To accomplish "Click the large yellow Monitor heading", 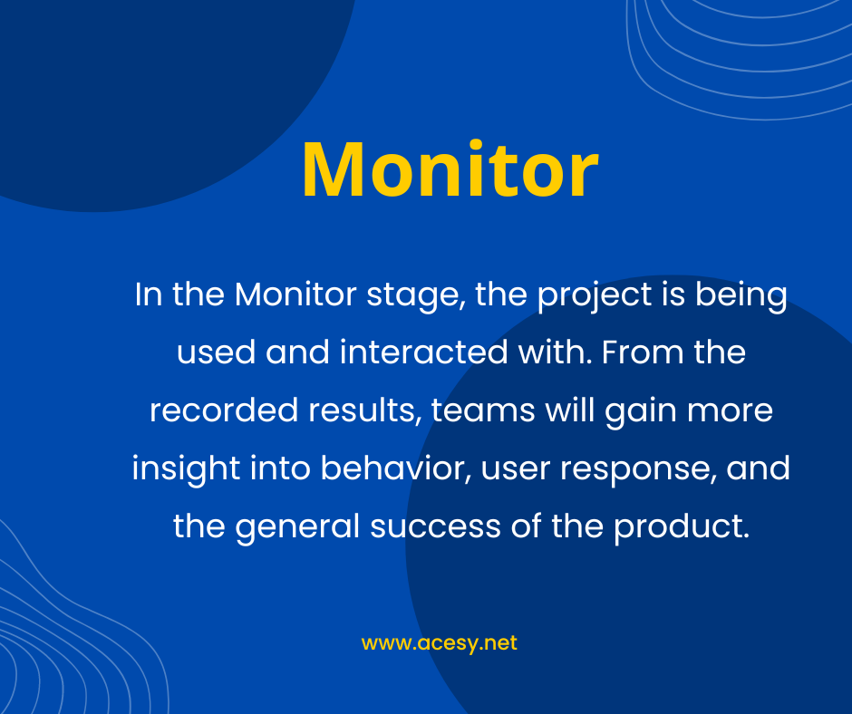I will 450,169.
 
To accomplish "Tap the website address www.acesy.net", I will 439,643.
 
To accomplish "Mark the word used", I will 216,352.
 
